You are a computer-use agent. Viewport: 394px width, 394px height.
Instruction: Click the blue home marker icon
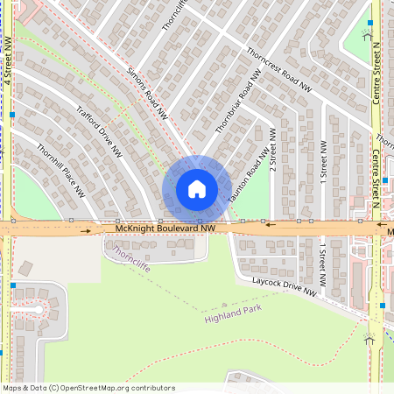(197, 189)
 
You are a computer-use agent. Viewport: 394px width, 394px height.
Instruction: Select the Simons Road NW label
(147, 92)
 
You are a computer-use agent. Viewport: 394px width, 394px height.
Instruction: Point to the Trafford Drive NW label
(99, 131)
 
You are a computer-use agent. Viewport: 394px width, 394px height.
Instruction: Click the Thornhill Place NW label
(60, 169)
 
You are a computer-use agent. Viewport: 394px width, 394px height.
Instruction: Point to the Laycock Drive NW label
(284, 287)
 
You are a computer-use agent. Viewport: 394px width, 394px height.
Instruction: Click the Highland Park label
(233, 314)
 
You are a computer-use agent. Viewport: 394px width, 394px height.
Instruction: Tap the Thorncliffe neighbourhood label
(131, 256)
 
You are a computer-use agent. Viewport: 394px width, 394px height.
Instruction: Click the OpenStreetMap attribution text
(88, 387)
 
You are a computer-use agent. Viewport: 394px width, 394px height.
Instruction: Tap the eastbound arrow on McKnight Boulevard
(86, 232)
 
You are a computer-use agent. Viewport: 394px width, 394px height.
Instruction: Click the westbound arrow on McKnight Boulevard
(270, 224)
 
